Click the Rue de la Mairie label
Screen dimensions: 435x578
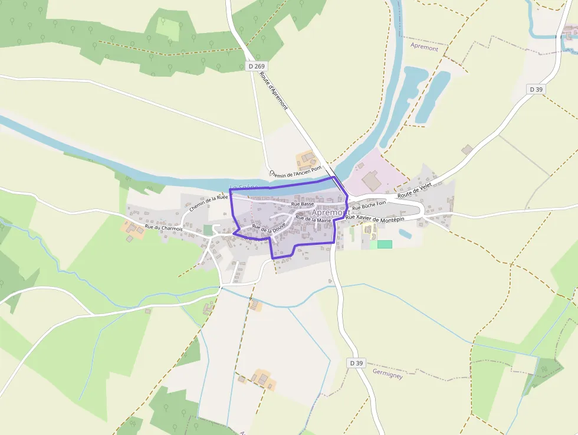[313, 219]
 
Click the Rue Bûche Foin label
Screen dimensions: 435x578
[369, 207]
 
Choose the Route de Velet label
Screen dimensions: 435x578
[415, 190]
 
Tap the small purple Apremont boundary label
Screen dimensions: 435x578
[424, 48]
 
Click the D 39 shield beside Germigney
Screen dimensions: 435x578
[356, 363]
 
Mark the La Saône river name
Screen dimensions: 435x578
[244, 188]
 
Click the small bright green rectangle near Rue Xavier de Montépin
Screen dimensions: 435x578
[385, 244]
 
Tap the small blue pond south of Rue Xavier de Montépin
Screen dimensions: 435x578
[405, 234]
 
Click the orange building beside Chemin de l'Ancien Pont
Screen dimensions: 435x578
[306, 159]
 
